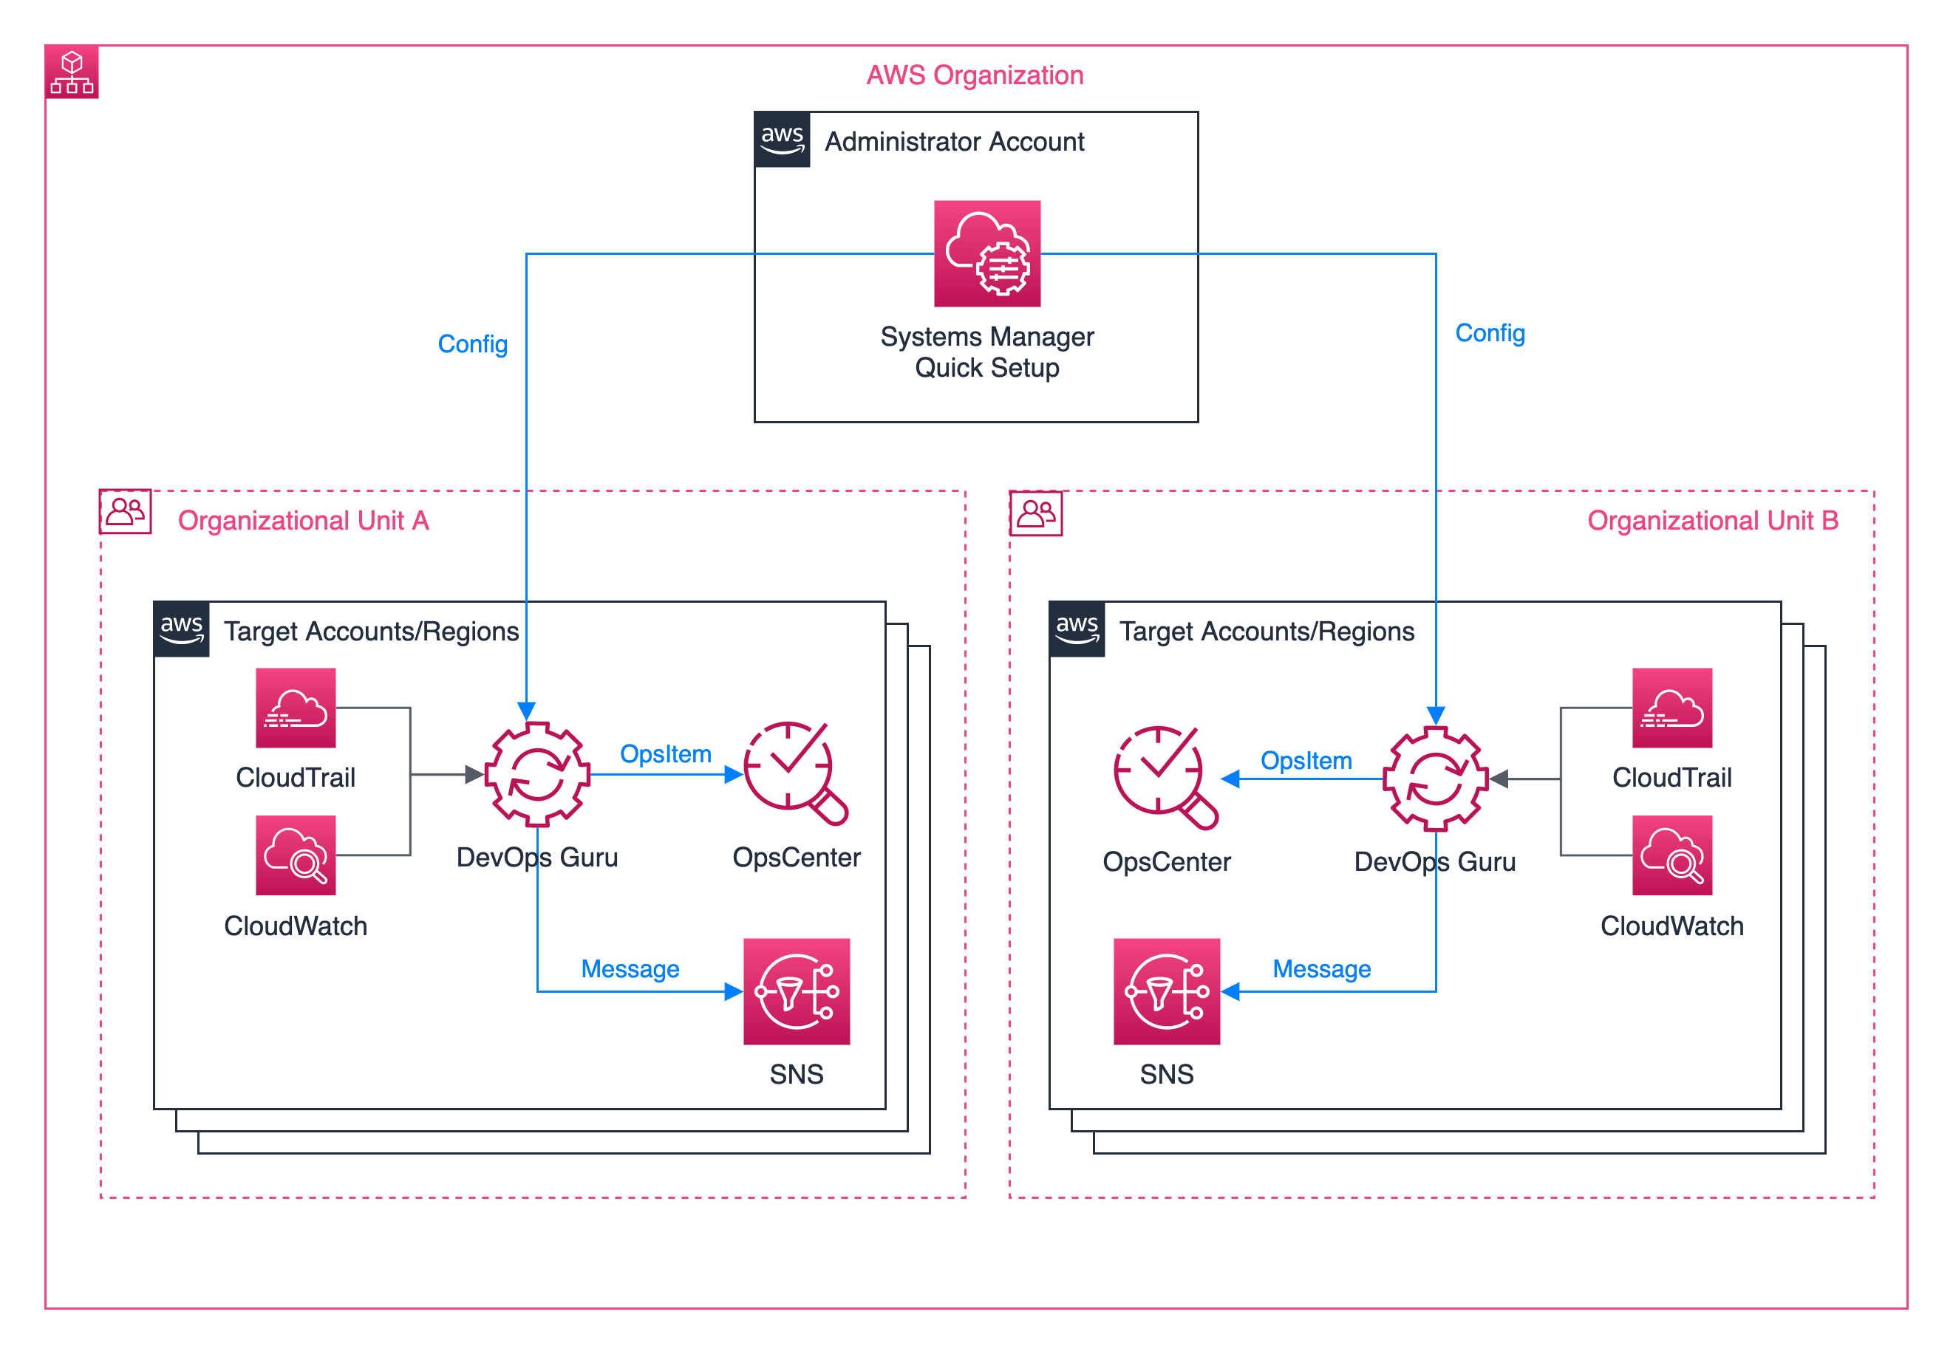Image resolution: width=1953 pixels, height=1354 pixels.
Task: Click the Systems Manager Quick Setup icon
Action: pos(987,253)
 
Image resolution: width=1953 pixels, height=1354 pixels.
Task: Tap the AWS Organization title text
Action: pos(975,75)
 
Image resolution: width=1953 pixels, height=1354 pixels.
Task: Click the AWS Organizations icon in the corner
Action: pos(72,73)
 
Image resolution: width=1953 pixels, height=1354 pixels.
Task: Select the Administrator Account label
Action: pos(954,142)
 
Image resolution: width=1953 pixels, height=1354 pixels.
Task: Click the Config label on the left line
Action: pos(473,343)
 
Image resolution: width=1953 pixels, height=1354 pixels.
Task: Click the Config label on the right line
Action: pos(1490,333)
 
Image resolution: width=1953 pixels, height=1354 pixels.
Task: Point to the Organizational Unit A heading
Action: pos(303,520)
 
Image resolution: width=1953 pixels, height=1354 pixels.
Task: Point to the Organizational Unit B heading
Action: pos(1712,520)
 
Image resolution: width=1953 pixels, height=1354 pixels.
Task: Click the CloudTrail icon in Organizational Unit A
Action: pos(296,708)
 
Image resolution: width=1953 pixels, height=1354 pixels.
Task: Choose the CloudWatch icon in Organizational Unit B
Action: pos(1671,855)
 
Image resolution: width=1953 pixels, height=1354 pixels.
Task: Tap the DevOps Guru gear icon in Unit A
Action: pos(537,773)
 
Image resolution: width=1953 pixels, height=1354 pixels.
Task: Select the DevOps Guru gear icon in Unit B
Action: pos(1435,778)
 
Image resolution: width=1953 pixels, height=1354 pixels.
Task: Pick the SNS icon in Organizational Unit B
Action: pos(1166,991)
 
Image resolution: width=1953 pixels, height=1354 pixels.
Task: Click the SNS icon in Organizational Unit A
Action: pos(796,991)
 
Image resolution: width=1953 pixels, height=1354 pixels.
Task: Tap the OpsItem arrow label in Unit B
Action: pos(1306,761)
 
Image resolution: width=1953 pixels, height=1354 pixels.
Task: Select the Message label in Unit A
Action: pos(630,969)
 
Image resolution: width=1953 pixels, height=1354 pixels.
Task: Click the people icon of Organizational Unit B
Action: pos(1035,513)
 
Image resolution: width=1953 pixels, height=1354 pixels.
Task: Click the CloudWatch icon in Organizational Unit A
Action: pos(296,855)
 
